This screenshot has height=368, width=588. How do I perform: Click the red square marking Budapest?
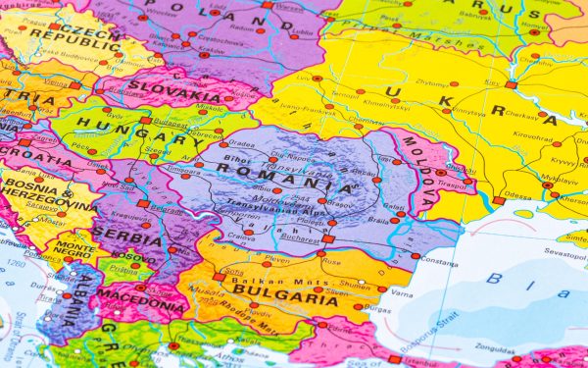coord(145,121)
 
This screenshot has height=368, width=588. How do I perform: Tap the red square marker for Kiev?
coord(510,84)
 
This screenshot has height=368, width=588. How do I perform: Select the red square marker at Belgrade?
coord(143,205)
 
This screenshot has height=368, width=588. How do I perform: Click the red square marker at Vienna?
coord(74,85)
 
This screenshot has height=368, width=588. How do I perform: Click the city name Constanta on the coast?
coord(440,264)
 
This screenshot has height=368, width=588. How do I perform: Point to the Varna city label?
coord(401,291)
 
